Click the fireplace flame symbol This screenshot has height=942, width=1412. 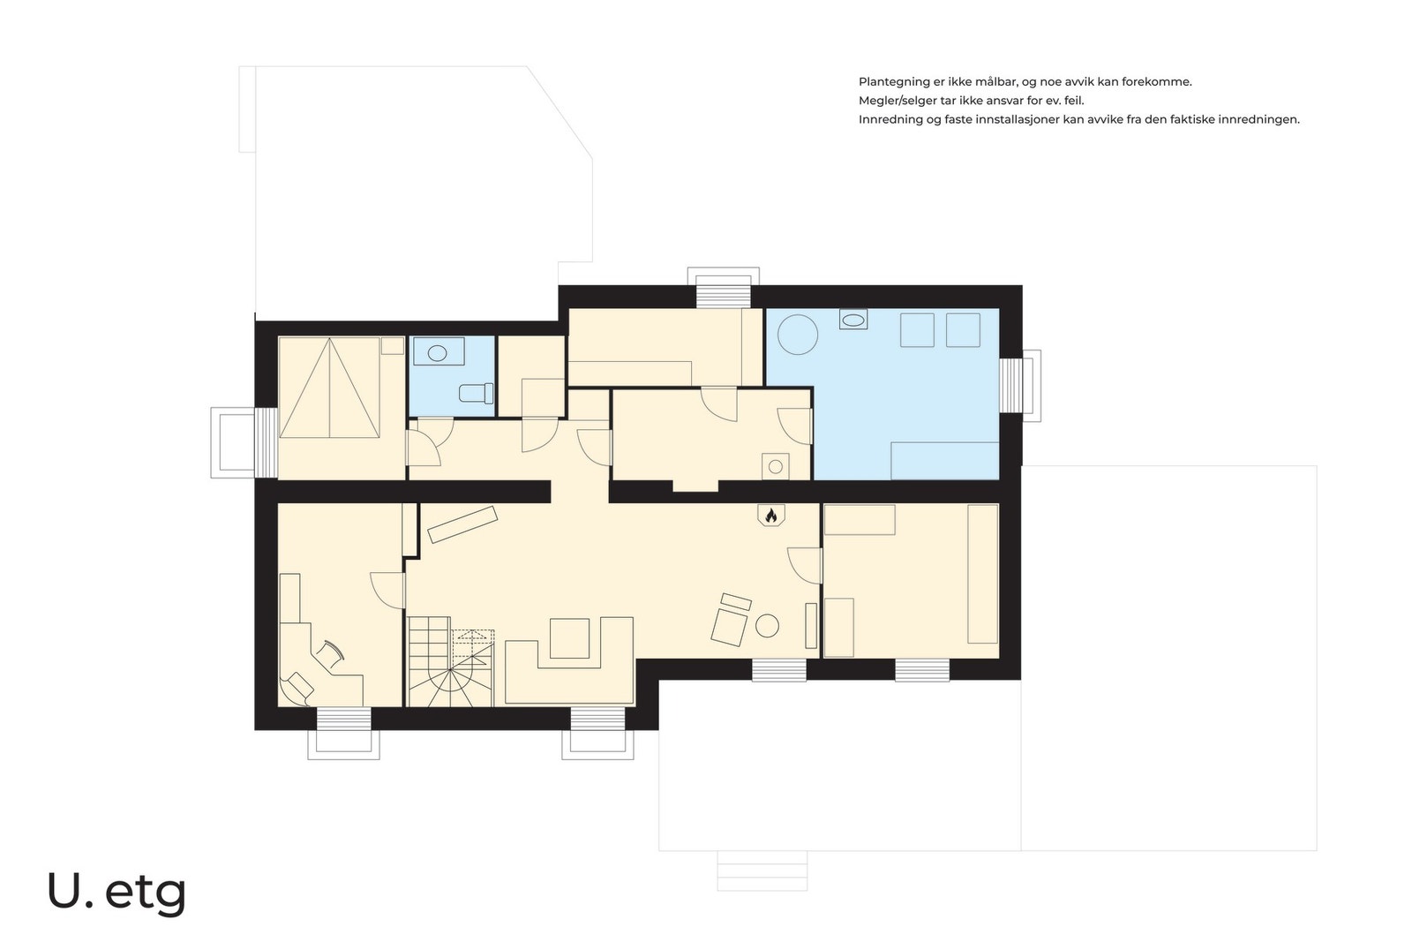[770, 516]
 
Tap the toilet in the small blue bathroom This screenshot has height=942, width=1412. [477, 394]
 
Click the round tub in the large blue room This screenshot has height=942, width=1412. [798, 335]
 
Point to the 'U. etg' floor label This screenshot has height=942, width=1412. [116, 893]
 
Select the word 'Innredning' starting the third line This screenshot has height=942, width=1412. [890, 119]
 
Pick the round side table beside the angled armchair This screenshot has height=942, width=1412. [767, 626]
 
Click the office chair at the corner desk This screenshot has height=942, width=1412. [331, 654]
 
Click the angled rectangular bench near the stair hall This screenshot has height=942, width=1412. [462, 524]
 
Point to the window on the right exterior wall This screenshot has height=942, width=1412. [1010, 385]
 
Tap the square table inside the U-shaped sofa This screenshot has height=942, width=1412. [570, 638]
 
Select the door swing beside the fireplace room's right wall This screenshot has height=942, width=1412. [805, 566]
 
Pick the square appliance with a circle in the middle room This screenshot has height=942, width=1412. [776, 467]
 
